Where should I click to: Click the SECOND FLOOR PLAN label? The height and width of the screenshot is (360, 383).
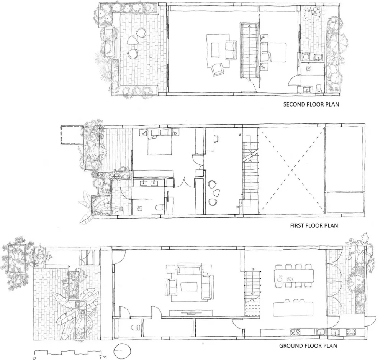pos(311,104)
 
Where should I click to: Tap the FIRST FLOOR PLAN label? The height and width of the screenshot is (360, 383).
pos(314,225)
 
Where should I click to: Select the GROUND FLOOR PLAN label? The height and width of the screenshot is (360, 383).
pos(308,345)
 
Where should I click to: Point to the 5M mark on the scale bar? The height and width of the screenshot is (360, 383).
pos(102,357)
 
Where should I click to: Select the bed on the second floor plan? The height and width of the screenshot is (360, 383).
pos(274,53)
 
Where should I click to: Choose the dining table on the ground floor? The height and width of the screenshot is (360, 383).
pos(294,274)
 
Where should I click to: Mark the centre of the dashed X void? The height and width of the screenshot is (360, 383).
pos(291,170)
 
